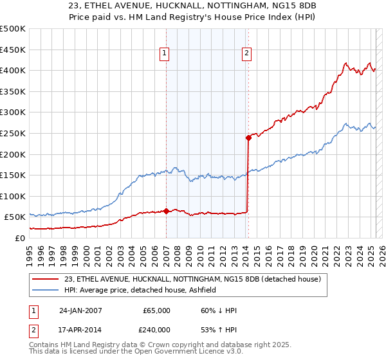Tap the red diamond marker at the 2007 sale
coord(166,210)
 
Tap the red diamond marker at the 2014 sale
coord(248,137)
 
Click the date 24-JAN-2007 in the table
coord(80,310)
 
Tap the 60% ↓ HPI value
coord(218,310)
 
